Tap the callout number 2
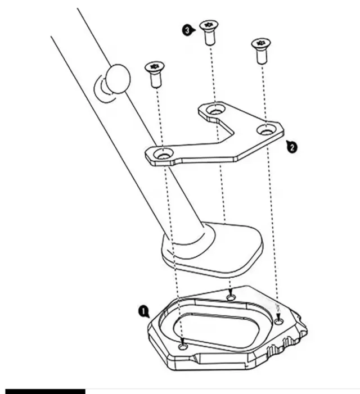pos(292,147)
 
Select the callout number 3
pos(187,30)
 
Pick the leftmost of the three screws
pos(153,74)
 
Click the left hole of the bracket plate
pos(164,152)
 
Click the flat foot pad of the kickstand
pos(214,256)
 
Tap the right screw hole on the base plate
pos(280,321)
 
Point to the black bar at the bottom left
pos(45,390)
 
